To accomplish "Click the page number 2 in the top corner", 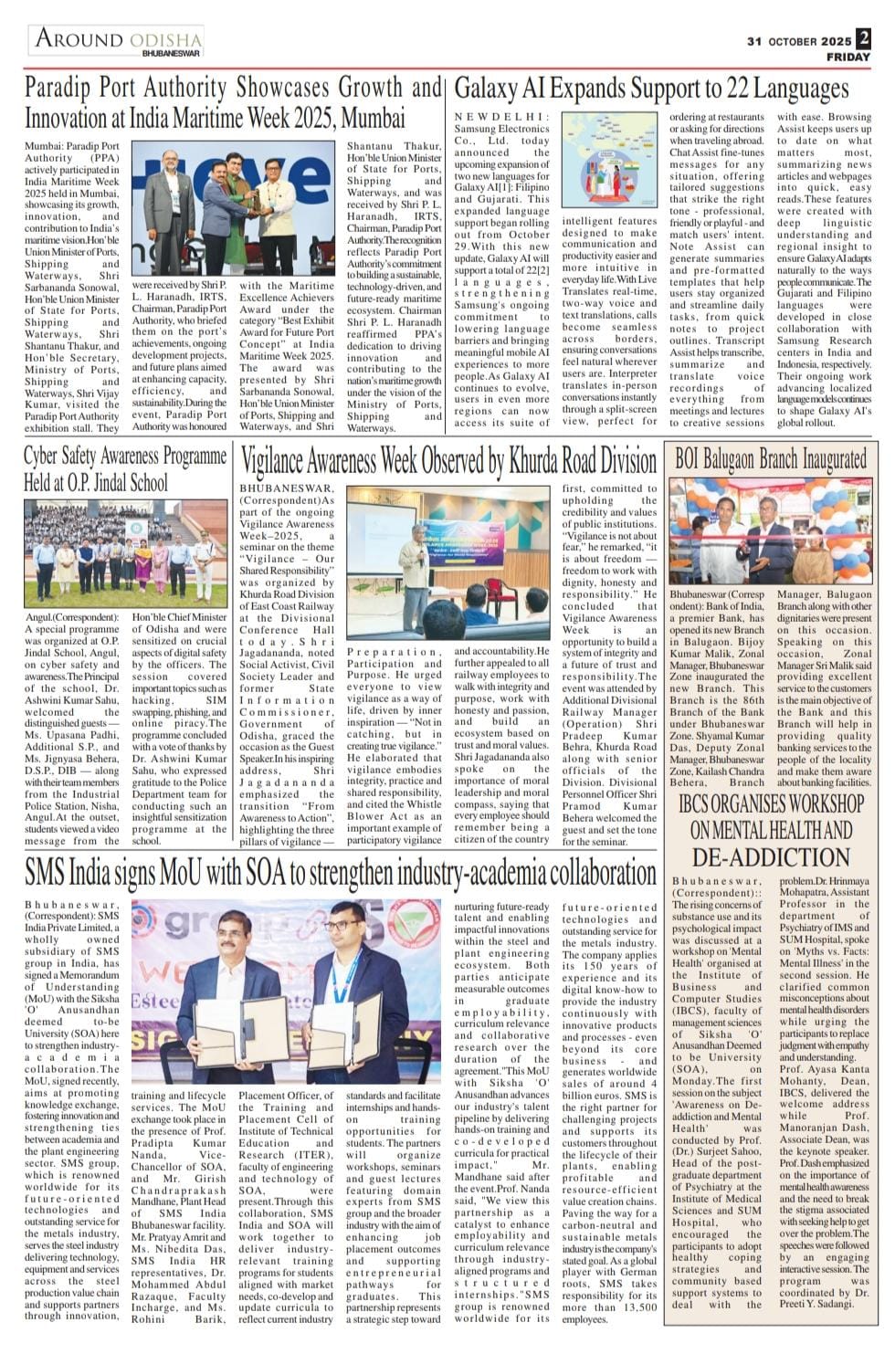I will [x=863, y=38].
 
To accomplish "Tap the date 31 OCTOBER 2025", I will [x=799, y=41].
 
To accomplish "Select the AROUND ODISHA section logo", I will [x=118, y=40].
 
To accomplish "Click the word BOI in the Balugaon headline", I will [x=688, y=458].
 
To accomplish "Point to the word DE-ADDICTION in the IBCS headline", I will [x=771, y=857].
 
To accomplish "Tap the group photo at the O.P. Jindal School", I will [x=125, y=554].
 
